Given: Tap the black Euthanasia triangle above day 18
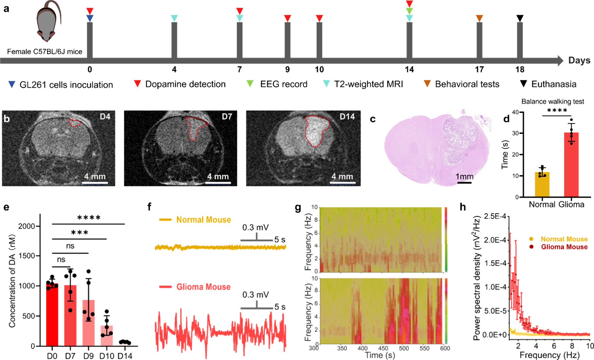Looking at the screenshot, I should pyautogui.click(x=520, y=18).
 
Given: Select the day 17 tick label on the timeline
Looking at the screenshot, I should pyautogui.click(x=479, y=70).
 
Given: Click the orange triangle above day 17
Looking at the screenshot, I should pyautogui.click(x=479, y=18).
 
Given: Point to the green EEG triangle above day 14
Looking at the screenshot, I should pyautogui.click(x=409, y=11).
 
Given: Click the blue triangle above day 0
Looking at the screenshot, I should pyautogui.click(x=90, y=18).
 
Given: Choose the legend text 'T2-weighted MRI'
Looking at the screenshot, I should pyautogui.click(x=368, y=84).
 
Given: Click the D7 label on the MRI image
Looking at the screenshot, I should pyautogui.click(x=227, y=117).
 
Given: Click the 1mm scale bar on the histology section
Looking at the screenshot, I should pyautogui.click(x=465, y=182).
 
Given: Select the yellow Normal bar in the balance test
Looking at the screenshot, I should pyautogui.click(x=542, y=184).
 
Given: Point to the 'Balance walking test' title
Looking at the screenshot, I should pyautogui.click(x=552, y=101).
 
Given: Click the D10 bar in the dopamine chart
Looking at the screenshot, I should pyautogui.click(x=107, y=336).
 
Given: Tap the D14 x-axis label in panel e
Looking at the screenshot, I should pyautogui.click(x=125, y=356).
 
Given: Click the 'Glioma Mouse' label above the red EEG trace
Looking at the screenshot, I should pyautogui.click(x=203, y=287).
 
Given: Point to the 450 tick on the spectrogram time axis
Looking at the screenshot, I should pyautogui.click(x=383, y=348).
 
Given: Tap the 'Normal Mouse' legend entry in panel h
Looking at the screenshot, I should pyautogui.click(x=564, y=239).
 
